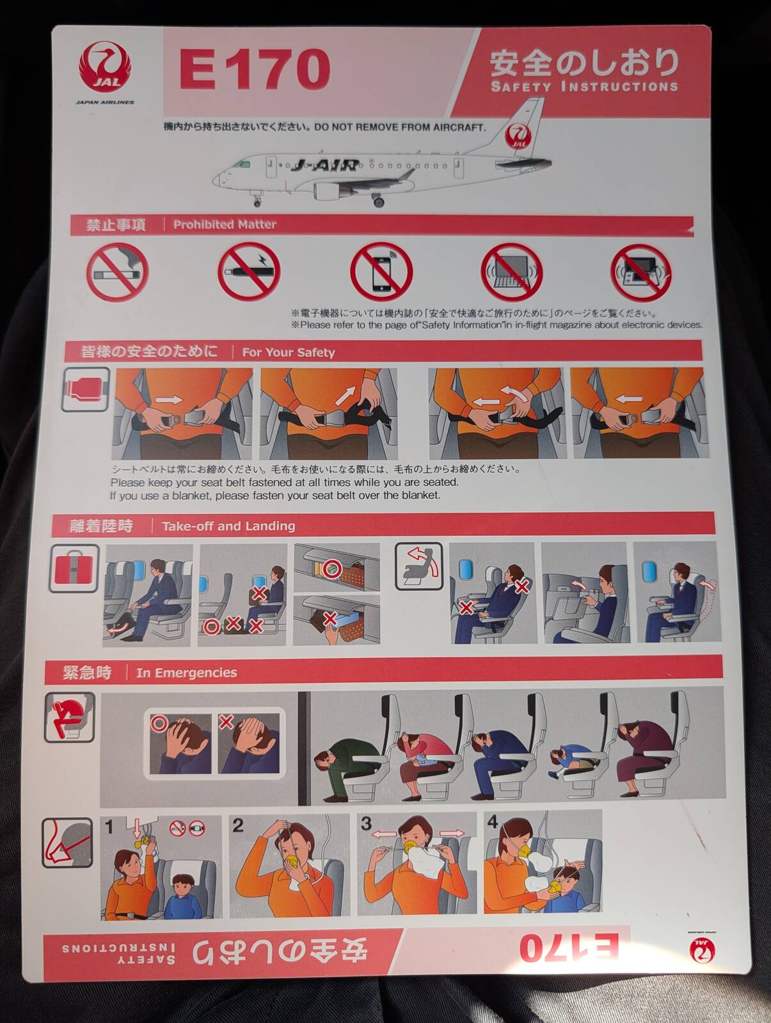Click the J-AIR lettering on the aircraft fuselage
(x=324, y=165)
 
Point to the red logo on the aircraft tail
(x=518, y=137)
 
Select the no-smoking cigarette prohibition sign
(x=118, y=272)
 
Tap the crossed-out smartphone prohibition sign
(x=381, y=272)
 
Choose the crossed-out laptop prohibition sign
(x=512, y=272)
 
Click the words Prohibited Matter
(x=225, y=224)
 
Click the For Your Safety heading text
(x=289, y=352)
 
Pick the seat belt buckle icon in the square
(x=86, y=389)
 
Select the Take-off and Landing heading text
(x=228, y=526)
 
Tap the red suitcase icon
(x=74, y=568)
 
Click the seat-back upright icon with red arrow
(x=419, y=566)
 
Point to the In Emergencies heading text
(x=187, y=673)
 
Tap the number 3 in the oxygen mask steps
(x=366, y=824)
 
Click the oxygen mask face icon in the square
(x=67, y=843)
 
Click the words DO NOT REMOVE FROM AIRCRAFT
(x=400, y=127)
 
